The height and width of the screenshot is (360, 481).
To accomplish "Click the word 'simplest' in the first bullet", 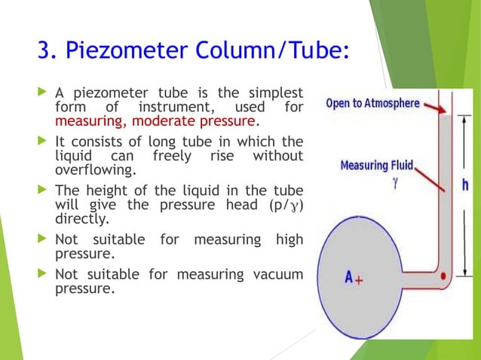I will click(272, 93).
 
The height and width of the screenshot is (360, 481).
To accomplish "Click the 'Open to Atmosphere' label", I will click(372, 103).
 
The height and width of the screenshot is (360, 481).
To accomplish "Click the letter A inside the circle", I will click(349, 277).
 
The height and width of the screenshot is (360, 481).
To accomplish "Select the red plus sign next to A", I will click(360, 279).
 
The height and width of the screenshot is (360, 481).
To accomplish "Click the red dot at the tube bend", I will click(443, 276).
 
